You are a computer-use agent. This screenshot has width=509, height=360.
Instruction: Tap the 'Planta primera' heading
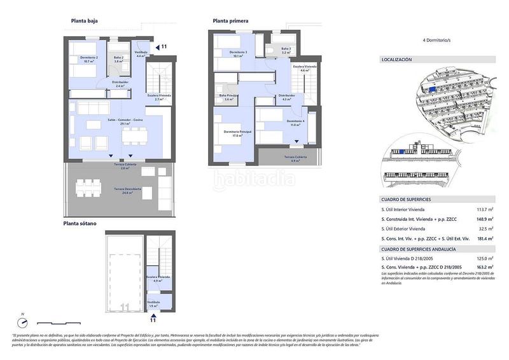coord(231,21)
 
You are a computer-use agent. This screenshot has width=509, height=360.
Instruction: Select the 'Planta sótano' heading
coord(80,224)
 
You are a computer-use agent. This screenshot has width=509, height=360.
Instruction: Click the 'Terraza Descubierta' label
coord(128,189)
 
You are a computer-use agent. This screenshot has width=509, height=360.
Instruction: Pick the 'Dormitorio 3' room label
coord(239,52)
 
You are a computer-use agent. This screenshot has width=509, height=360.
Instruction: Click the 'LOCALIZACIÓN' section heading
coord(396,60)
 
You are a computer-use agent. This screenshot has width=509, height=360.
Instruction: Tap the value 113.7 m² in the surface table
coord(485,209)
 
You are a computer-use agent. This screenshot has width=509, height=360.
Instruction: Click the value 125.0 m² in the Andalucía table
coord(485,260)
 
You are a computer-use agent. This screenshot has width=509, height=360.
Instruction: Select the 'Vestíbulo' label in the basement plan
coord(153,302)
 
